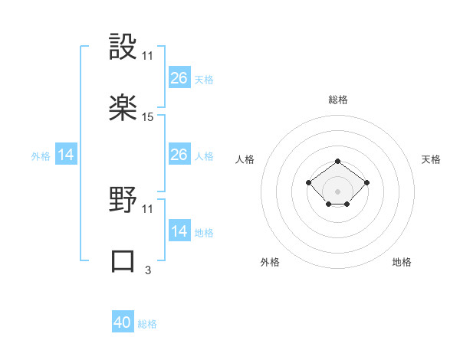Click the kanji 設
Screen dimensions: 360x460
pyautogui.click(x=123, y=47)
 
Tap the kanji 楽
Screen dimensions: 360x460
pyautogui.click(x=123, y=107)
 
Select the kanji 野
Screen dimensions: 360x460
pyautogui.click(x=123, y=201)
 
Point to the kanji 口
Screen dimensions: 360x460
pyautogui.click(x=123, y=260)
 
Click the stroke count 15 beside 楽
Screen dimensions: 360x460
pyautogui.click(x=148, y=117)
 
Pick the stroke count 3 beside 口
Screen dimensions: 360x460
pyautogui.click(x=148, y=270)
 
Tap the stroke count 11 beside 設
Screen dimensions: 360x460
pyautogui.click(x=148, y=57)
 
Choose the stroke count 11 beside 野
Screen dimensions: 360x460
pyautogui.click(x=148, y=210)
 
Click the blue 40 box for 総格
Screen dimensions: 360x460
pyautogui.click(x=123, y=322)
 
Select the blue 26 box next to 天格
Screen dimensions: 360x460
pyautogui.click(x=179, y=78)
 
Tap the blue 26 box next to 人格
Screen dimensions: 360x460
pyautogui.click(x=179, y=155)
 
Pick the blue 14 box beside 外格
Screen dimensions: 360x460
pyautogui.click(x=66, y=155)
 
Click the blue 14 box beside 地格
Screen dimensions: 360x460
pyautogui.click(x=179, y=231)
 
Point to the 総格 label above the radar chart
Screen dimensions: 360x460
pyautogui.click(x=338, y=100)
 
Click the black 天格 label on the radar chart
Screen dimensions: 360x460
pyautogui.click(x=431, y=159)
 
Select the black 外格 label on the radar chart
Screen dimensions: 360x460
pyautogui.click(x=270, y=262)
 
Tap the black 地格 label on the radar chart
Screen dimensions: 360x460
pyautogui.click(x=402, y=262)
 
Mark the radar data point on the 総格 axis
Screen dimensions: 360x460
pyautogui.click(x=338, y=161)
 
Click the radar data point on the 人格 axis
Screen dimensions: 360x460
pyautogui.click(x=308, y=182)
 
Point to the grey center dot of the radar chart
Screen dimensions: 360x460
pyautogui.click(x=338, y=191)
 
